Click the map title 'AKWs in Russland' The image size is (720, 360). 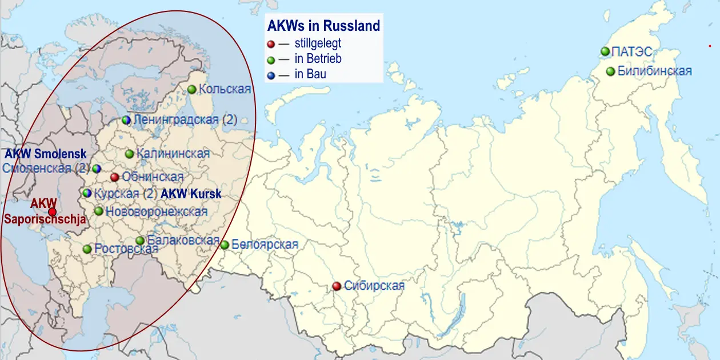coord(323,26)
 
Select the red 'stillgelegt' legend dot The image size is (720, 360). coord(271,43)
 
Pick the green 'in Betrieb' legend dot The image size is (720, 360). coord(271,59)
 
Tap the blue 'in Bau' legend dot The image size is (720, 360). coord(271,74)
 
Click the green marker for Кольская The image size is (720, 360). coord(191,89)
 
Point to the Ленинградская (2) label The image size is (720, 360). coord(185,120)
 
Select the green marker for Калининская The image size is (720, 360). coord(129,154)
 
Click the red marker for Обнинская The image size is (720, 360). coord(115,177)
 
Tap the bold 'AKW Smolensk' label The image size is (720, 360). coord(46,154)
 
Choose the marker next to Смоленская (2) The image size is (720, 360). coord(97,169)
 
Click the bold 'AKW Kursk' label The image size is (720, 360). coord(191,194)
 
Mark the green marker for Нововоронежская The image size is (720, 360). coord(99,211)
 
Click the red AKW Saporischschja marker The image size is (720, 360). coord(52,212)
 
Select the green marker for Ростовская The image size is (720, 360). coord(87,249)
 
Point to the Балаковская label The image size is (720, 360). coord(183,240)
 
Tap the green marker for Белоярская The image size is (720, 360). coord(225,245)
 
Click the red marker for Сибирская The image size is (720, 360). coord(337,286)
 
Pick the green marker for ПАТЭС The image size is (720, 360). coord(605,51)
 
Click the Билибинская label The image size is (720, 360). coord(655,71)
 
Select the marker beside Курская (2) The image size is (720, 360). coord(87,193)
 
